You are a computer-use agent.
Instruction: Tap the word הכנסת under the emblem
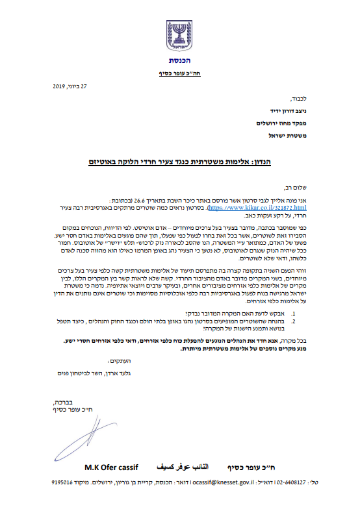(180, 61)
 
